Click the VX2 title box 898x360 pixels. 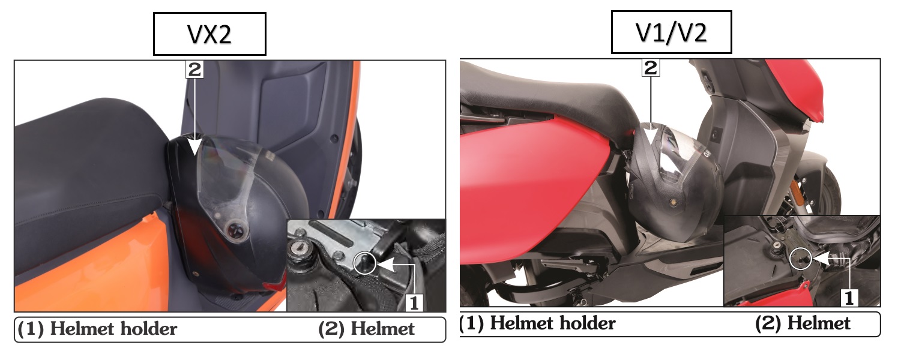pyautogui.click(x=209, y=34)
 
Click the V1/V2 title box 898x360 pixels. pyautogui.click(x=672, y=32)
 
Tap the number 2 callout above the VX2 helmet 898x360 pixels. pyautogui.click(x=194, y=70)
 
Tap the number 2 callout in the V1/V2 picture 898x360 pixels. pyautogui.click(x=650, y=67)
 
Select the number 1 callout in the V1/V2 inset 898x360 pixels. pyautogui.click(x=849, y=298)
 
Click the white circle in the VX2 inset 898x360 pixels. pyautogui.click(x=365, y=263)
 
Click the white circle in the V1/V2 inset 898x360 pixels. pyautogui.click(x=801, y=259)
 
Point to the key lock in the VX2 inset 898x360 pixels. pyautogui.click(x=299, y=249)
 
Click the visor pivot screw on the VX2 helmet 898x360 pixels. pyautogui.click(x=234, y=230)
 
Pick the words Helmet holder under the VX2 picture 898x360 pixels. pyautogui.click(x=113, y=329)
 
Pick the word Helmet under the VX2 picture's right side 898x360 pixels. pyautogui.click(x=383, y=329)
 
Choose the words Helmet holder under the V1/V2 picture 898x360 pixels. pyautogui.click(x=553, y=323)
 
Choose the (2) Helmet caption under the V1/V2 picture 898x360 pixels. pyautogui.click(x=803, y=323)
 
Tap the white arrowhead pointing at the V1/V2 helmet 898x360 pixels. pyautogui.click(x=650, y=135)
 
